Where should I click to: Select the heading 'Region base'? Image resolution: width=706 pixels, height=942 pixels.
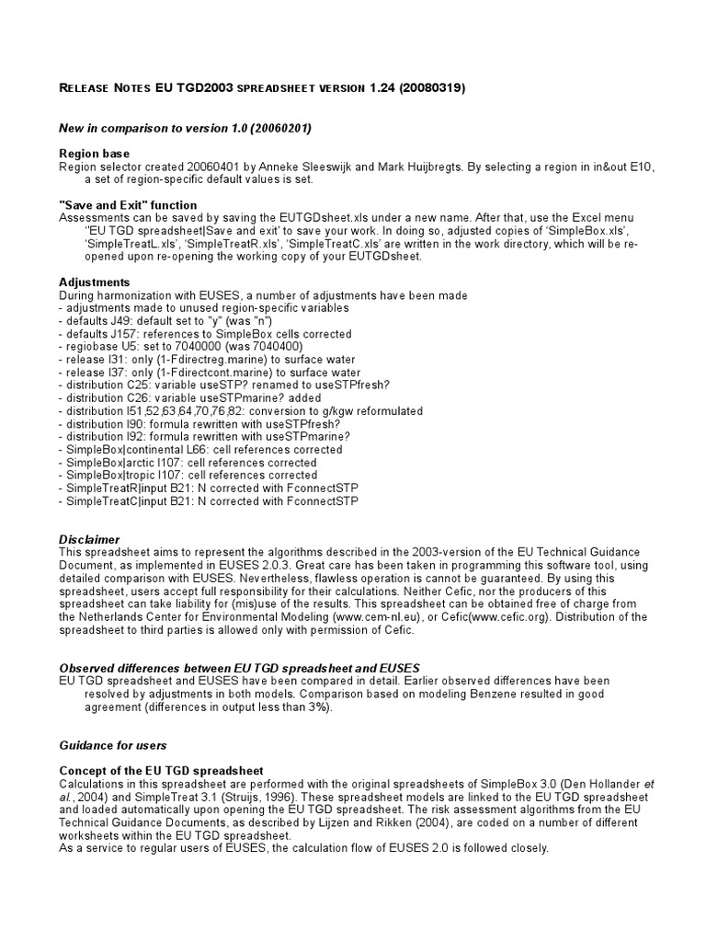click(x=95, y=153)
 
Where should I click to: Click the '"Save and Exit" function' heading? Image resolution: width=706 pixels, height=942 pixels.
click(x=128, y=204)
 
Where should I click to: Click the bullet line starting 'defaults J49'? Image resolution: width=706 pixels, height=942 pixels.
click(x=160, y=321)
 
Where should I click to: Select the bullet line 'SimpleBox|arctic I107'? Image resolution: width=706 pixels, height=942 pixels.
click(x=188, y=463)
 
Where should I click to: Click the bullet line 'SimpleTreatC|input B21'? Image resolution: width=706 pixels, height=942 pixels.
click(x=208, y=501)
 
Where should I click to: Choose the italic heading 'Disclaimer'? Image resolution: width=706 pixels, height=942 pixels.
click(x=90, y=539)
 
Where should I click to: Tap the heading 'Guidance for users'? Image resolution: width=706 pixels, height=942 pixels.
click(x=113, y=745)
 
